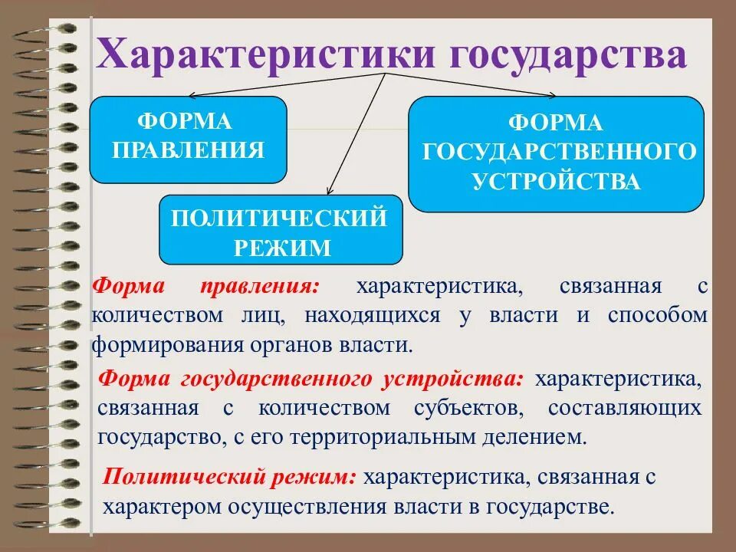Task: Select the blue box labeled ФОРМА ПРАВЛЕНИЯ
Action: coord(188,139)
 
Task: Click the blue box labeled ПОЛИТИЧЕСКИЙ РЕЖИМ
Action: coord(281,230)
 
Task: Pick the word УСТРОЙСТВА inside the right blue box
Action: coord(556,182)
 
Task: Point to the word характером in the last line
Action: coord(159,507)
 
